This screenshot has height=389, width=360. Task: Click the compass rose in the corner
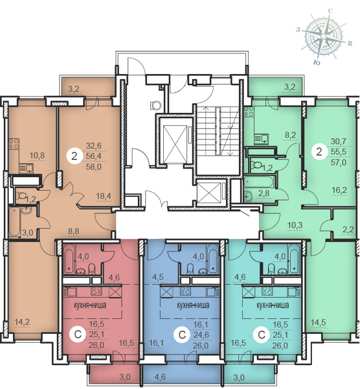[x=324, y=37]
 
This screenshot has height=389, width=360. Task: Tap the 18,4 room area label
[x=104, y=196]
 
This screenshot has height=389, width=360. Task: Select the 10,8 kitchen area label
[x=37, y=156]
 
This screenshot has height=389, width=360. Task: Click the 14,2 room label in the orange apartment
[x=22, y=322]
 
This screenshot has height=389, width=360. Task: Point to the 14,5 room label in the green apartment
[x=318, y=323]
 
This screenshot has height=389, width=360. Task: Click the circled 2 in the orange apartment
[x=74, y=156]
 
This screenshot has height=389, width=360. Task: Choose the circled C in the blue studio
[x=182, y=335]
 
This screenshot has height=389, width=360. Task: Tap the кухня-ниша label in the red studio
[x=90, y=305]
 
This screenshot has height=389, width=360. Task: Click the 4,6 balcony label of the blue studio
[x=160, y=377]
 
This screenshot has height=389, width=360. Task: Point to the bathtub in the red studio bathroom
[x=69, y=259]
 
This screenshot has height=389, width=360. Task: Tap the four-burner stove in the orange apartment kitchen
[x=14, y=144]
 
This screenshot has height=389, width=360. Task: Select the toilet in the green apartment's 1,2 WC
[x=255, y=165]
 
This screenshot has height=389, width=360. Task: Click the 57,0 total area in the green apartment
[x=338, y=163]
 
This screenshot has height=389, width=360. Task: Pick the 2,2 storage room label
[x=348, y=230]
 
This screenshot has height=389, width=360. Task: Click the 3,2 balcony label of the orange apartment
[x=74, y=89]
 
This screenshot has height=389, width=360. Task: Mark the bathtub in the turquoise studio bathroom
[x=295, y=259]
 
